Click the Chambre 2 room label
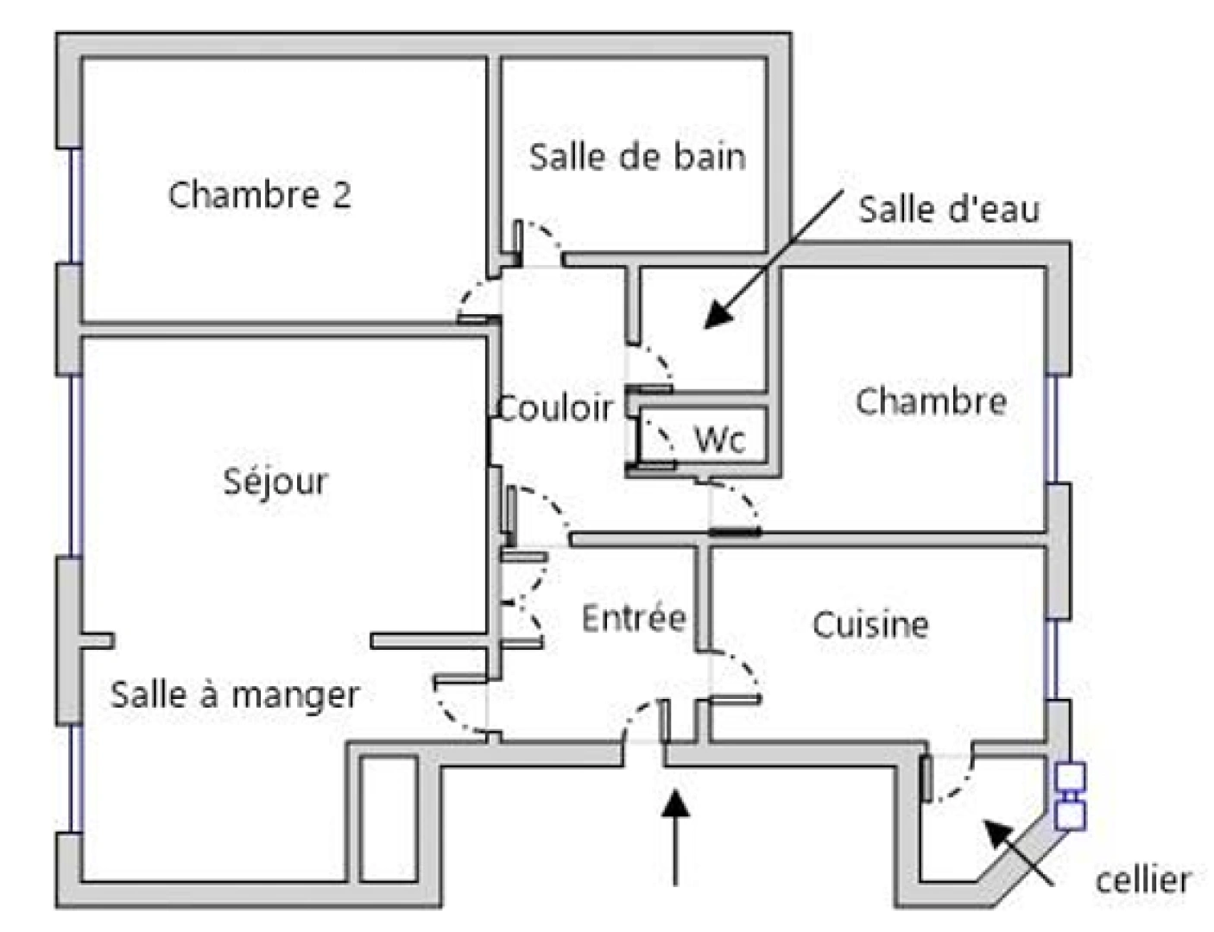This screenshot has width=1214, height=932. tap(260, 195)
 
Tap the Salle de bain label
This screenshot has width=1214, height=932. tap(637, 157)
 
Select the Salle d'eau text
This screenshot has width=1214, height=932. tap(949, 210)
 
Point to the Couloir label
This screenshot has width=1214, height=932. tap(555, 408)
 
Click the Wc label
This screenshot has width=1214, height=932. tap(720, 439)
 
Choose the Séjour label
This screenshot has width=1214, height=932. tap(275, 482)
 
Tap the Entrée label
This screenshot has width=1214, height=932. tap(634, 618)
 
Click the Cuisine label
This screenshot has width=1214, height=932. tap(870, 624)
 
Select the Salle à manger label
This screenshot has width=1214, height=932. tap(235, 696)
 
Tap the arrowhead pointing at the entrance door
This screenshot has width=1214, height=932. tap(675, 803)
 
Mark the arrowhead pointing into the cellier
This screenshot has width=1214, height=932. tap(998, 834)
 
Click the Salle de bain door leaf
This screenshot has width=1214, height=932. tap(518, 242)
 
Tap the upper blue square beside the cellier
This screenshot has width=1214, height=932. tap(1070, 778)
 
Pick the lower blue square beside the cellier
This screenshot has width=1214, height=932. tap(1070, 815)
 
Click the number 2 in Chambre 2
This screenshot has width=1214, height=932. tap(342, 195)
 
